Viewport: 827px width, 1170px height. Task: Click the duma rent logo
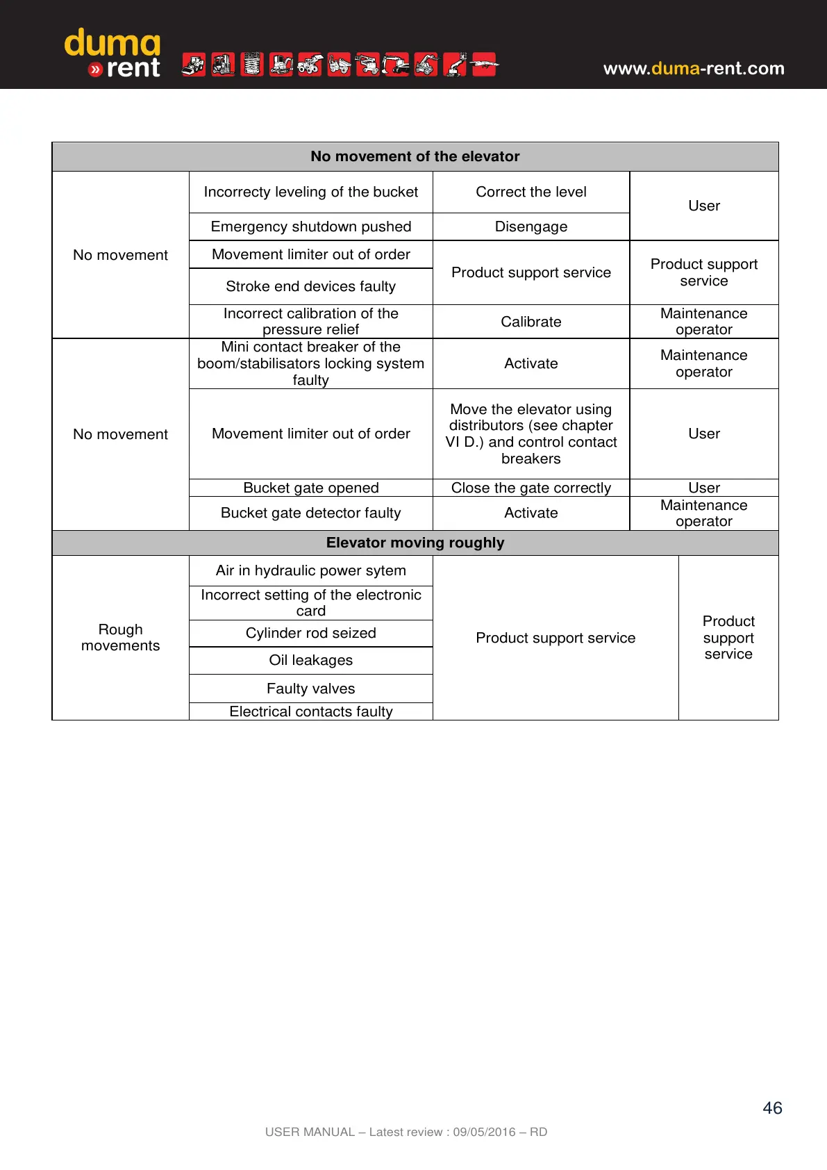click(x=112, y=53)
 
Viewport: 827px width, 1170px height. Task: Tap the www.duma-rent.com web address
click(x=693, y=68)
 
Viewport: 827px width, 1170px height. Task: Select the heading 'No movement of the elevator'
click(x=415, y=156)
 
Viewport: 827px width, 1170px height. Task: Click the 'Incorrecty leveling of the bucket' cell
click(x=310, y=192)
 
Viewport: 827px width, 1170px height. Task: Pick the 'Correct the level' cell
click(x=531, y=192)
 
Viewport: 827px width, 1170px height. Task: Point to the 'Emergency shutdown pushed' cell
click(x=310, y=226)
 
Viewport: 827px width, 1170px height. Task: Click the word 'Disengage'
click(x=531, y=226)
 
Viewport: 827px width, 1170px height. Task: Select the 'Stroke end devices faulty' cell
click(x=310, y=286)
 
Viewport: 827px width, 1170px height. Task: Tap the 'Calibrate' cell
click(x=531, y=322)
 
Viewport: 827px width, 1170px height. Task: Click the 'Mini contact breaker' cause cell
click(x=310, y=363)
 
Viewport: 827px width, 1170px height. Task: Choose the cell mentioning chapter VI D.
click(x=531, y=434)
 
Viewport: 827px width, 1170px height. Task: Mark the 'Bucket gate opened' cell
click(x=310, y=488)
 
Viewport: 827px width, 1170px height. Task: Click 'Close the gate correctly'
click(x=531, y=488)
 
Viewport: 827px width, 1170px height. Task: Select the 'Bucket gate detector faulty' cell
click(x=310, y=513)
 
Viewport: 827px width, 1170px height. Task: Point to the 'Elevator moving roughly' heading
click(x=415, y=543)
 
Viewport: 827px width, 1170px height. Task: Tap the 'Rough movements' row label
click(x=120, y=637)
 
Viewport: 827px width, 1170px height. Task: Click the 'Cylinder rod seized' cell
click(x=310, y=633)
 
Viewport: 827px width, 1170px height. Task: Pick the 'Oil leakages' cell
click(x=310, y=660)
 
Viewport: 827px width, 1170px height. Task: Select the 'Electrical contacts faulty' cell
click(x=310, y=711)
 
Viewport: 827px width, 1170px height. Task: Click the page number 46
click(x=772, y=1107)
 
